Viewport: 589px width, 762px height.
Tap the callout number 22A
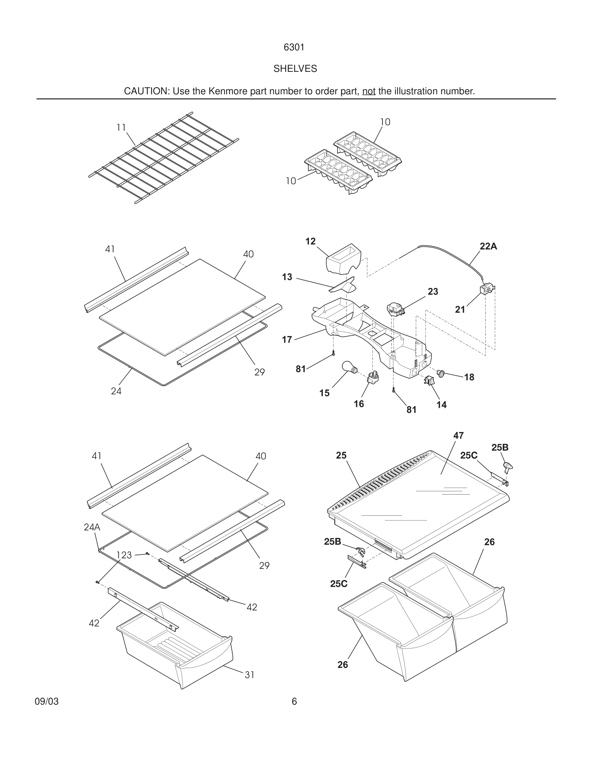(488, 246)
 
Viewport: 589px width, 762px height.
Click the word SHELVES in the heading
(295, 69)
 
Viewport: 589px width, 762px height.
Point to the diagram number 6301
(294, 47)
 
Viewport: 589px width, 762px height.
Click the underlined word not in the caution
(369, 91)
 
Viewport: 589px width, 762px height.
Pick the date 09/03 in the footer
(47, 701)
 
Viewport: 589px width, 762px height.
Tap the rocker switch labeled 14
(429, 380)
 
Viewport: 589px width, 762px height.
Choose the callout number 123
(124, 555)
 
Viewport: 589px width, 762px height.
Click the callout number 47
(458, 436)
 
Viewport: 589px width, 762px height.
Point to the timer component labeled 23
(396, 309)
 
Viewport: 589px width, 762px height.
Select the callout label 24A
(92, 527)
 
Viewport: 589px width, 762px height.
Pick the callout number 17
(287, 340)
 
